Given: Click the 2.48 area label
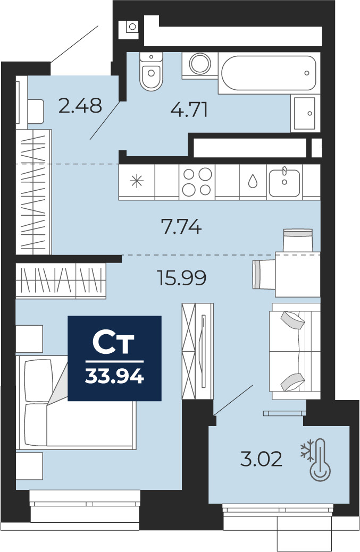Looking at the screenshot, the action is (80, 105).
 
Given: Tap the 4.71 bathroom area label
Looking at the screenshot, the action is (189, 109).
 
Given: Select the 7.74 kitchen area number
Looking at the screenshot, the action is (181, 226).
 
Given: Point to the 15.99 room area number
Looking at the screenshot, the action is (182, 278).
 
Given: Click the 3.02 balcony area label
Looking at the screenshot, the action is (261, 459).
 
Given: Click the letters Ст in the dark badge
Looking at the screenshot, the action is (113, 343).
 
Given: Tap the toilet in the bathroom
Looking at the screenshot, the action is (151, 71).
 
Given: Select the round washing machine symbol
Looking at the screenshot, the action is (200, 64).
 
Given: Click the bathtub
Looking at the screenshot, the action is (269, 73).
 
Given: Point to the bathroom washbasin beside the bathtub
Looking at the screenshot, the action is (305, 113).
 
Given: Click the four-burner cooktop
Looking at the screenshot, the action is (197, 182).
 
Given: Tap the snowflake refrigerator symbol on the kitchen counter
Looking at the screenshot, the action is (137, 181).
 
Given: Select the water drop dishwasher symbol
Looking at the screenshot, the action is (253, 181).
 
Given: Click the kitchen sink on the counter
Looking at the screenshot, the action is (284, 182).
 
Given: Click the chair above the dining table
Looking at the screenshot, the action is (298, 240).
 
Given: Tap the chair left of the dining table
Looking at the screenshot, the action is (264, 274).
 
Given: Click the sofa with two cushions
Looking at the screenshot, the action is (295, 351).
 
